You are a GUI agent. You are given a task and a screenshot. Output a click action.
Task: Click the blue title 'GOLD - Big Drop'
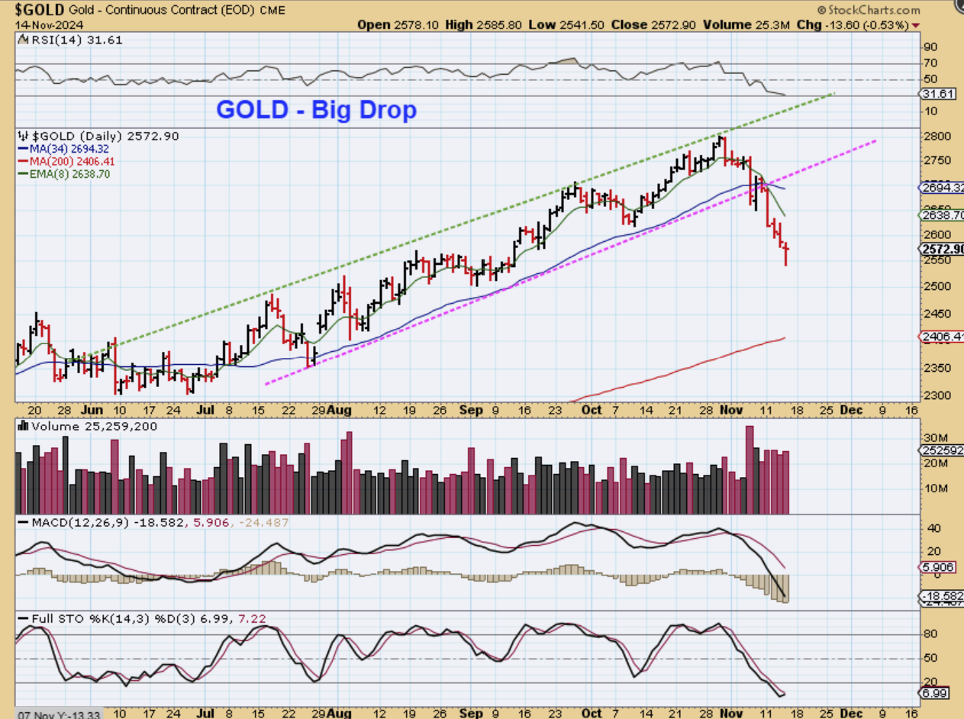(x=316, y=110)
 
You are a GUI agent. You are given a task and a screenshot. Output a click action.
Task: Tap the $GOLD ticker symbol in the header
(x=40, y=10)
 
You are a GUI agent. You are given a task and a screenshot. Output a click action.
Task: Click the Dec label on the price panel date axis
(x=851, y=410)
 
